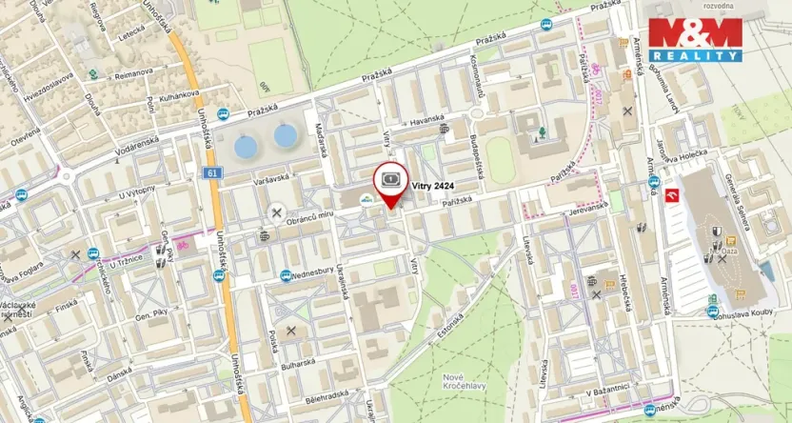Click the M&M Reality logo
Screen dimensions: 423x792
[694, 40]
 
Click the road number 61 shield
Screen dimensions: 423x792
[211, 172]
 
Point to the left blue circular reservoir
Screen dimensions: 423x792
[246, 147]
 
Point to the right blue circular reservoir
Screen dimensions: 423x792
[286, 135]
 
